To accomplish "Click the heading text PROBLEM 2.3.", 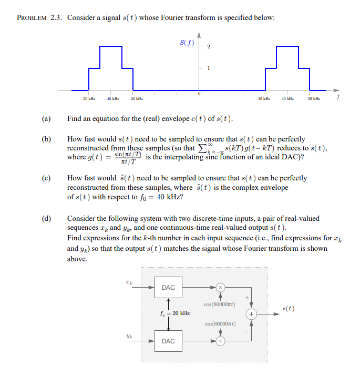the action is [x=39, y=18].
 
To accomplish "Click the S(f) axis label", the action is [x=185, y=43].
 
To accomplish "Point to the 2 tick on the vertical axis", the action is [x=209, y=47].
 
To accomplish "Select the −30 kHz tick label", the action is [x=136, y=98].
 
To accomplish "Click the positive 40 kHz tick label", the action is [x=286, y=98].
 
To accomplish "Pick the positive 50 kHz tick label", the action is [x=314, y=98].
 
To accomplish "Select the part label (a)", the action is [x=46, y=119].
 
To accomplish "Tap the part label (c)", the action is [x=46, y=178].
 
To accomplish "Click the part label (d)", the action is [x=46, y=218].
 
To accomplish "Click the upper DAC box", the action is [x=168, y=287].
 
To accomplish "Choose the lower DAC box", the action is [x=168, y=341].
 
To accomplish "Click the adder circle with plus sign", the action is [x=252, y=314].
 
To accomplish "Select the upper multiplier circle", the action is [x=221, y=287].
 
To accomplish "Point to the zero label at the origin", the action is [x=199, y=94].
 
